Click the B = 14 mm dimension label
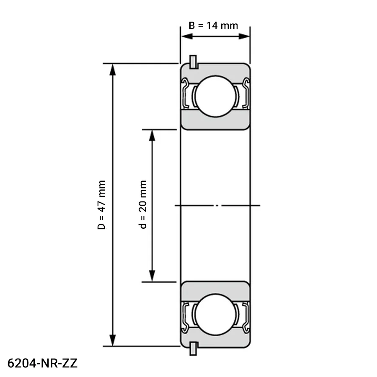coord(213,26)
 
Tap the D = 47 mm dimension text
coord(101,205)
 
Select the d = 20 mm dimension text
coord(143,204)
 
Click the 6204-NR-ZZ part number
coord(43,363)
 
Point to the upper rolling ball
coord(215,96)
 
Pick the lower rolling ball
coord(215,314)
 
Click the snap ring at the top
coord(193,62)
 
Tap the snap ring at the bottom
coord(193,349)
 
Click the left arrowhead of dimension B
coord(187,36)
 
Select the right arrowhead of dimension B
coord(244,36)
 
